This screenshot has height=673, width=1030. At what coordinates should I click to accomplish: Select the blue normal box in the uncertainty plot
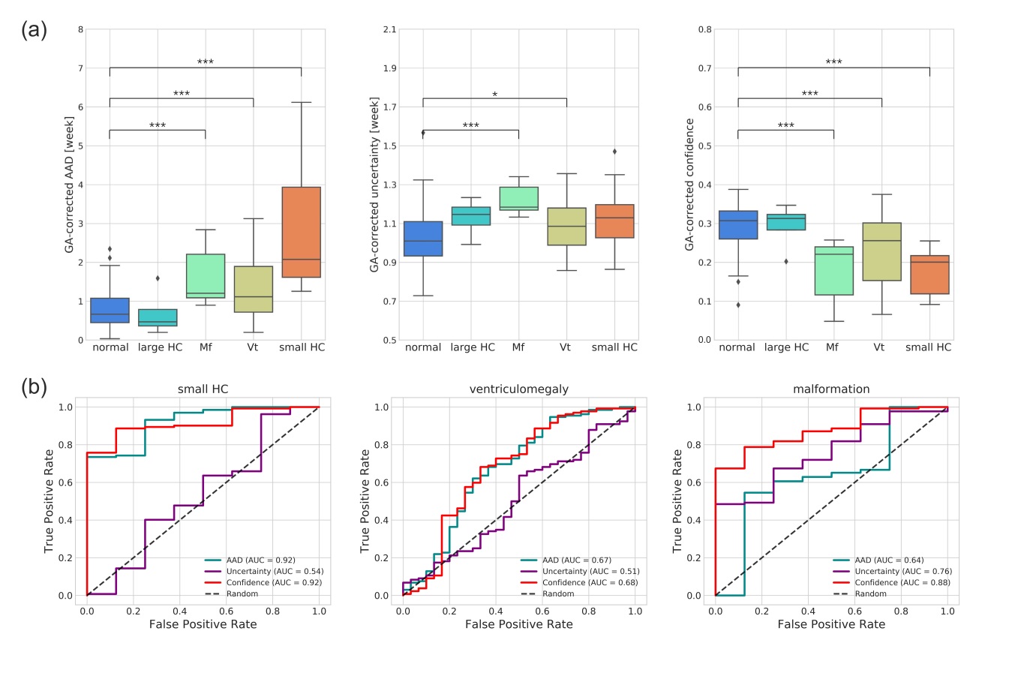coord(423,239)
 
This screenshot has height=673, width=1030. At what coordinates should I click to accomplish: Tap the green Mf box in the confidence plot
coord(833,271)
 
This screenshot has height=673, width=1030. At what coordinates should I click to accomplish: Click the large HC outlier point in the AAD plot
coord(158,278)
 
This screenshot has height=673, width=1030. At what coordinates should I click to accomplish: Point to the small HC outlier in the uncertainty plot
coord(614,152)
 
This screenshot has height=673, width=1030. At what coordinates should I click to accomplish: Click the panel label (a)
coord(34,30)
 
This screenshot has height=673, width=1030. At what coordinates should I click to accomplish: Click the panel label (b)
coord(34,387)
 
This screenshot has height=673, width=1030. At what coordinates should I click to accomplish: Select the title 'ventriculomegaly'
coord(518,389)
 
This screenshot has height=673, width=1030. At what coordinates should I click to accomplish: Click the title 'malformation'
coord(831,389)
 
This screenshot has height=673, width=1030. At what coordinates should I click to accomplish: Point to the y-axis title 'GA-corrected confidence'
coord(689,185)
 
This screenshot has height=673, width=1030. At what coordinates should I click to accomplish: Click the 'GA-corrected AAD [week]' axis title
coord(69,185)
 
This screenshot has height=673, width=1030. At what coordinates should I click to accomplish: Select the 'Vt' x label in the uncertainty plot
coord(565,347)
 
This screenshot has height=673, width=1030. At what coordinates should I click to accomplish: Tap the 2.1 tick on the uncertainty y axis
coord(389,30)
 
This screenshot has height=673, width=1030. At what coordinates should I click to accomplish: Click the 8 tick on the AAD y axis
coord(81,30)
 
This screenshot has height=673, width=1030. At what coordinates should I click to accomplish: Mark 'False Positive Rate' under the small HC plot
coord(203,624)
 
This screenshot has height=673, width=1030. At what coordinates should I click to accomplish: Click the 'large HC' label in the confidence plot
coord(786,347)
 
